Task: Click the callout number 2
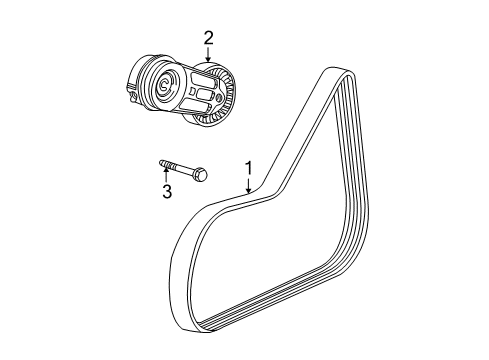point(208,38)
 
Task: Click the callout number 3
point(167,190)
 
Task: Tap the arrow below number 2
point(208,54)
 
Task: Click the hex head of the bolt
point(201,174)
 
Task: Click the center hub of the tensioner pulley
point(164,88)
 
